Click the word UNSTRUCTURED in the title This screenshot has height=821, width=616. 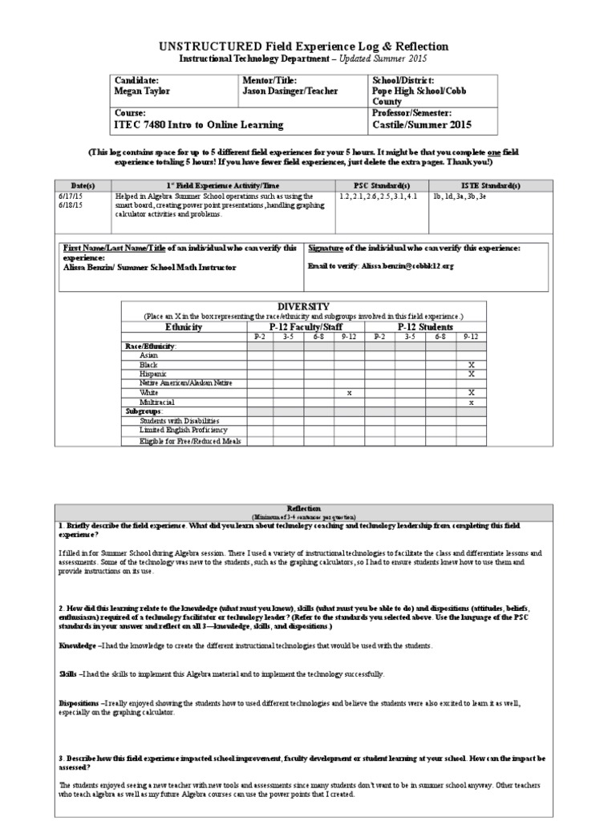[x=218, y=47]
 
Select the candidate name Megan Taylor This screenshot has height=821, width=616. [x=143, y=91]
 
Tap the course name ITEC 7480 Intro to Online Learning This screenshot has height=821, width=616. [x=199, y=125]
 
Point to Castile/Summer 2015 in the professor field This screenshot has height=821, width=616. [x=421, y=125]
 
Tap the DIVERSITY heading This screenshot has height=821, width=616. [x=302, y=306]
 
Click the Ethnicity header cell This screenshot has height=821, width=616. [x=184, y=327]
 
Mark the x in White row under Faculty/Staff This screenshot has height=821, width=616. [x=349, y=393]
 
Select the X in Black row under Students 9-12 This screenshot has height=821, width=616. [x=471, y=365]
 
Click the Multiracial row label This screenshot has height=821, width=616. [x=157, y=402]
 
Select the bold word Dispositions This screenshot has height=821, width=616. [x=80, y=702]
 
